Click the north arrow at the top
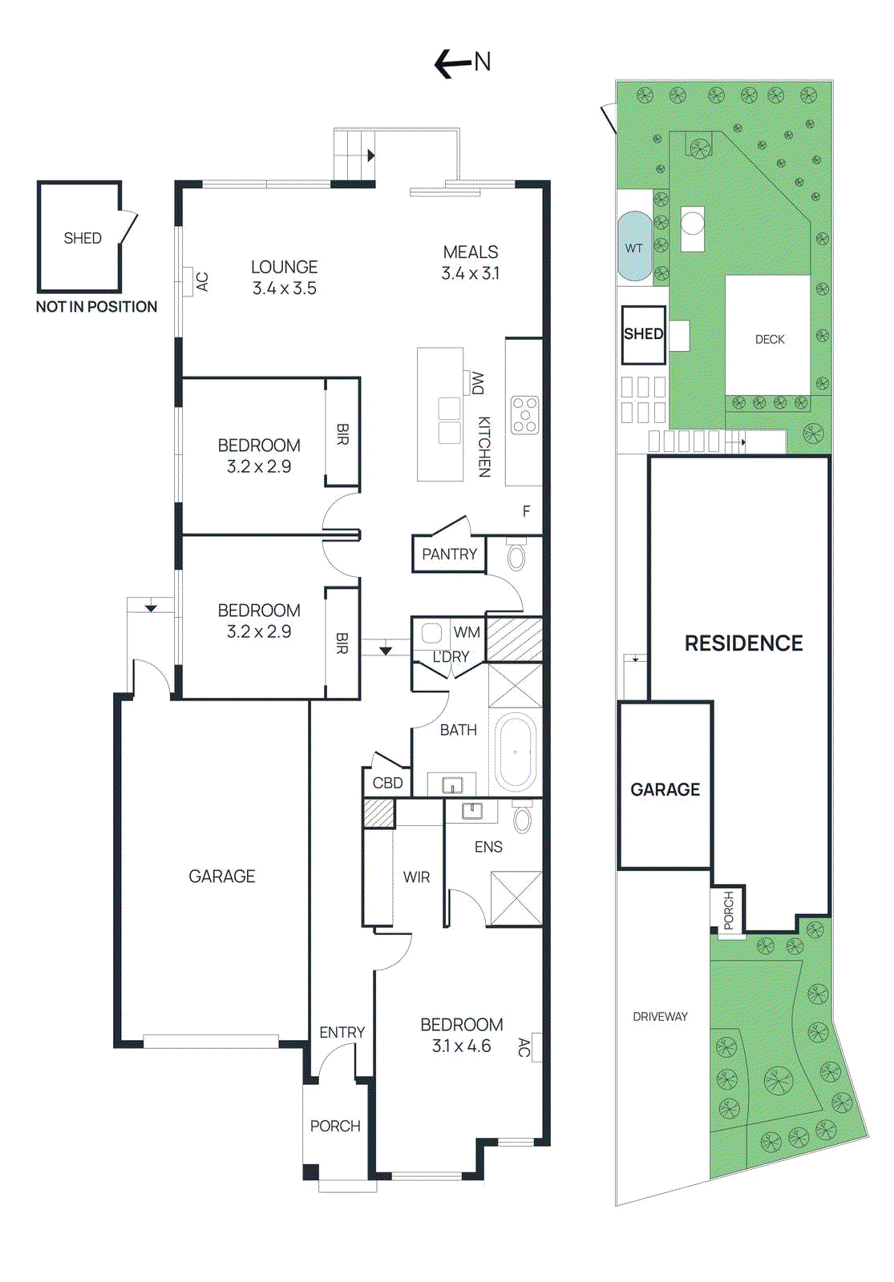pos(462,62)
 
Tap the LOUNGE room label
pos(284,268)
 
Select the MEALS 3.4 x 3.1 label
pos(471,263)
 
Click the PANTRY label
pos(449,554)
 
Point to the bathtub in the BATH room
pos(515,752)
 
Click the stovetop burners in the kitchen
pos(525,415)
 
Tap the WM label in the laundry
pos(467,632)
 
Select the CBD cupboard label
pos(388,783)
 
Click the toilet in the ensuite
pos(522,819)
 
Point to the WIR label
pos(416,877)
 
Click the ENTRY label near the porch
pos(342,1033)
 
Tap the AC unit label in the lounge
pos(202,282)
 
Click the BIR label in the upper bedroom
pos(342,434)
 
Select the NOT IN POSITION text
pos(96,307)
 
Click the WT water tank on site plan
pos(634,248)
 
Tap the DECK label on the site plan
pos(770,340)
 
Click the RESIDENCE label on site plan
pos(743,643)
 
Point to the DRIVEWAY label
pos(660,1017)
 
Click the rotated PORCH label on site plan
pos(728,910)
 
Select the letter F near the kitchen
pos(527,511)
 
